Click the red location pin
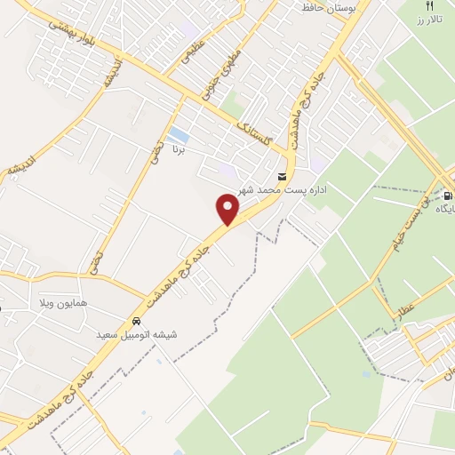228,210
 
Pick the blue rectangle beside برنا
179,133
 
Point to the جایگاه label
444,209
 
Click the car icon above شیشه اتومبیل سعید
136,321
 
